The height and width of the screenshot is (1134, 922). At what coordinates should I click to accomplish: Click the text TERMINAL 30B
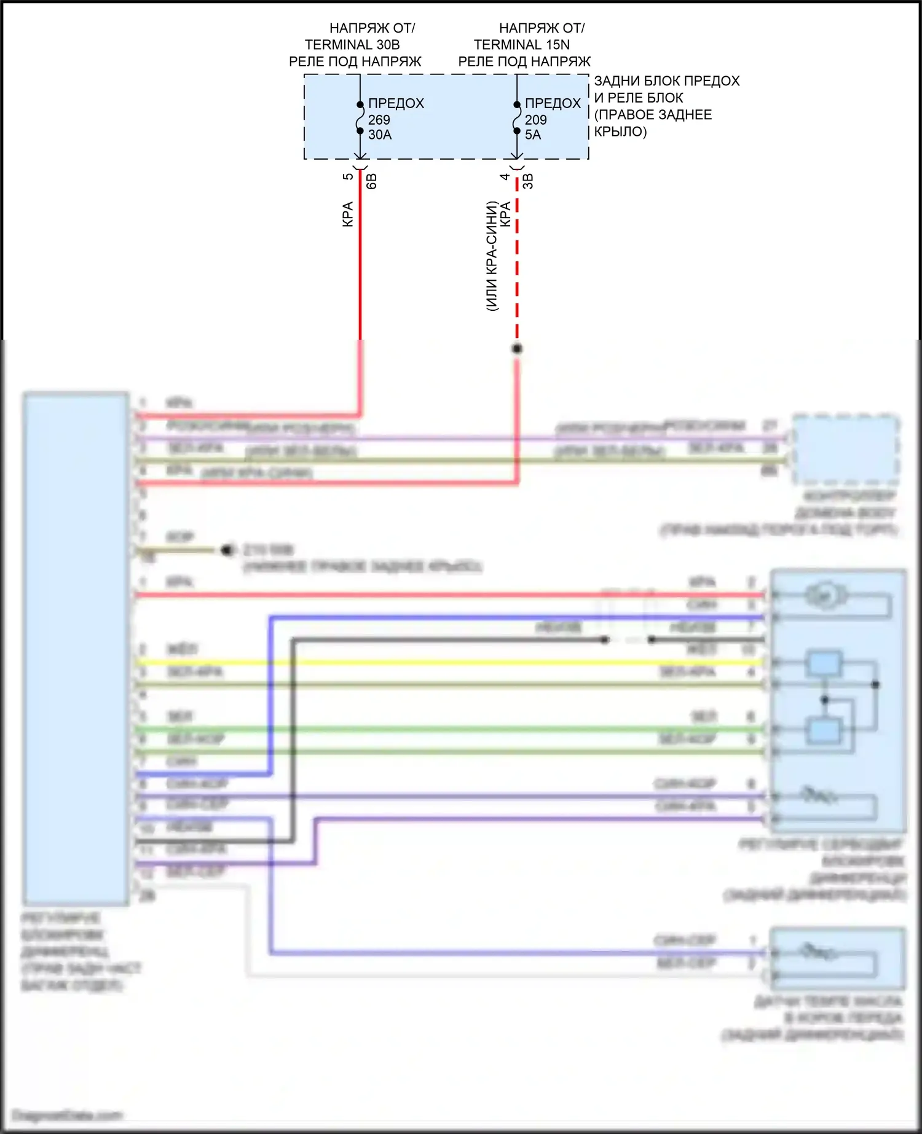[x=352, y=45]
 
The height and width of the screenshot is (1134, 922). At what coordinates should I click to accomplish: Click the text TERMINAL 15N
[x=521, y=45]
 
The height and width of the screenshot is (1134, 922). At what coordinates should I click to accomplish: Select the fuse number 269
[x=379, y=120]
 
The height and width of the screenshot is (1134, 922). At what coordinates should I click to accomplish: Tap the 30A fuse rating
[x=380, y=135]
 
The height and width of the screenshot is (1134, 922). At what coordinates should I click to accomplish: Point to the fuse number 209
[x=536, y=120]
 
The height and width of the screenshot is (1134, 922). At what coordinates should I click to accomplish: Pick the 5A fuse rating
[x=533, y=135]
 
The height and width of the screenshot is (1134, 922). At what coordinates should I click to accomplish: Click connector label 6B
[x=371, y=181]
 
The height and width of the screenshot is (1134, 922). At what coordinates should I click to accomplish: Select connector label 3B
[x=528, y=181]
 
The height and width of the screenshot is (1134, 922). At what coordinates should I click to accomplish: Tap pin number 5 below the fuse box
[x=348, y=177]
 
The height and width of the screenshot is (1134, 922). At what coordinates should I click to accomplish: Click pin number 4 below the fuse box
[x=505, y=177]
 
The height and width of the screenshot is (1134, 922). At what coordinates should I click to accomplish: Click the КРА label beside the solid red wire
[x=347, y=214]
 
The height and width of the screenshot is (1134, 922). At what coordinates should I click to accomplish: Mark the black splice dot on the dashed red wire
[x=517, y=349]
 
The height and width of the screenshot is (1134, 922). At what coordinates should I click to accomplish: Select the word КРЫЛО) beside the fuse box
[x=620, y=131]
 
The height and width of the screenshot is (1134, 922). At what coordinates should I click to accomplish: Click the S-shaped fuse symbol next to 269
[x=360, y=117]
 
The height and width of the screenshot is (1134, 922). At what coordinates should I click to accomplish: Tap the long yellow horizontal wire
[x=449, y=662]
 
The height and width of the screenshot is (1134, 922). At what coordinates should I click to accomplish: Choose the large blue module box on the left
[x=76, y=648]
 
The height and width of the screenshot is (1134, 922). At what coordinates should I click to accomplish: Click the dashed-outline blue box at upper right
[x=846, y=450]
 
